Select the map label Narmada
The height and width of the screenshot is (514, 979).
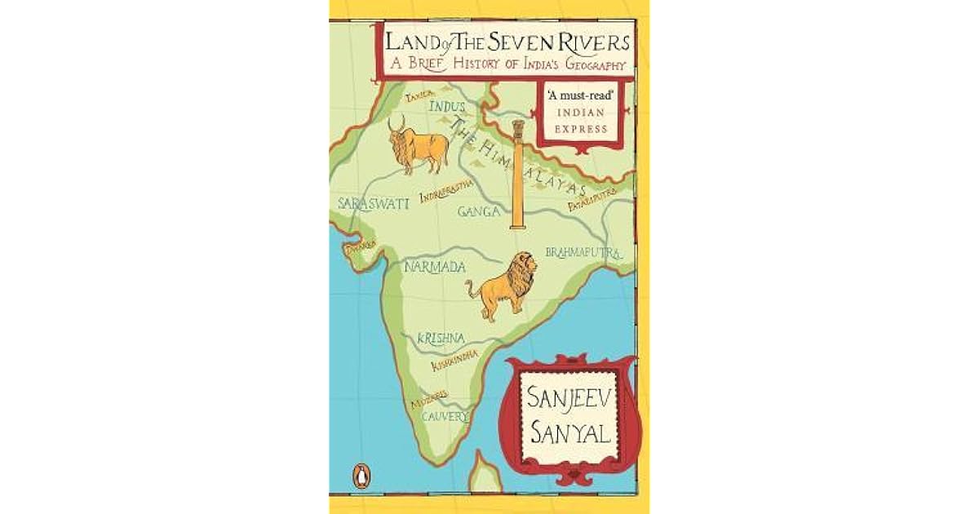(x=436, y=267)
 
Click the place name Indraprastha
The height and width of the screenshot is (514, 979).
(x=445, y=191)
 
